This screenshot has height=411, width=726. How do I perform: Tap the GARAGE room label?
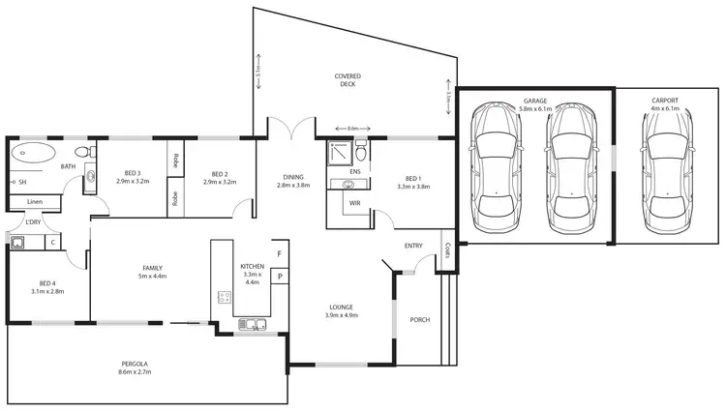click(534, 100)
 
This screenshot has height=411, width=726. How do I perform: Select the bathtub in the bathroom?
click(37, 152)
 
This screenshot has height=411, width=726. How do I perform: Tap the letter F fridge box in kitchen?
click(279, 255)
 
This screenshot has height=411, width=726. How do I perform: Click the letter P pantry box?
click(279, 277)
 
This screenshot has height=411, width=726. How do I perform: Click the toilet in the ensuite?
click(360, 152)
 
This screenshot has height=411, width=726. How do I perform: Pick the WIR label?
click(354, 204)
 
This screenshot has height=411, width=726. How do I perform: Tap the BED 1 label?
click(412, 179)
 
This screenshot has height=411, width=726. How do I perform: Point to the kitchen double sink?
click(251, 324)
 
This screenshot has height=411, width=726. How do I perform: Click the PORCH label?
click(419, 320)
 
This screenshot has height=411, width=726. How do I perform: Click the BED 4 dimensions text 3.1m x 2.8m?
click(46, 290)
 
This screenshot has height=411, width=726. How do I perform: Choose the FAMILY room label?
click(152, 268)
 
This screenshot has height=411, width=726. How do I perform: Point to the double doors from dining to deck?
click(291, 131)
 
